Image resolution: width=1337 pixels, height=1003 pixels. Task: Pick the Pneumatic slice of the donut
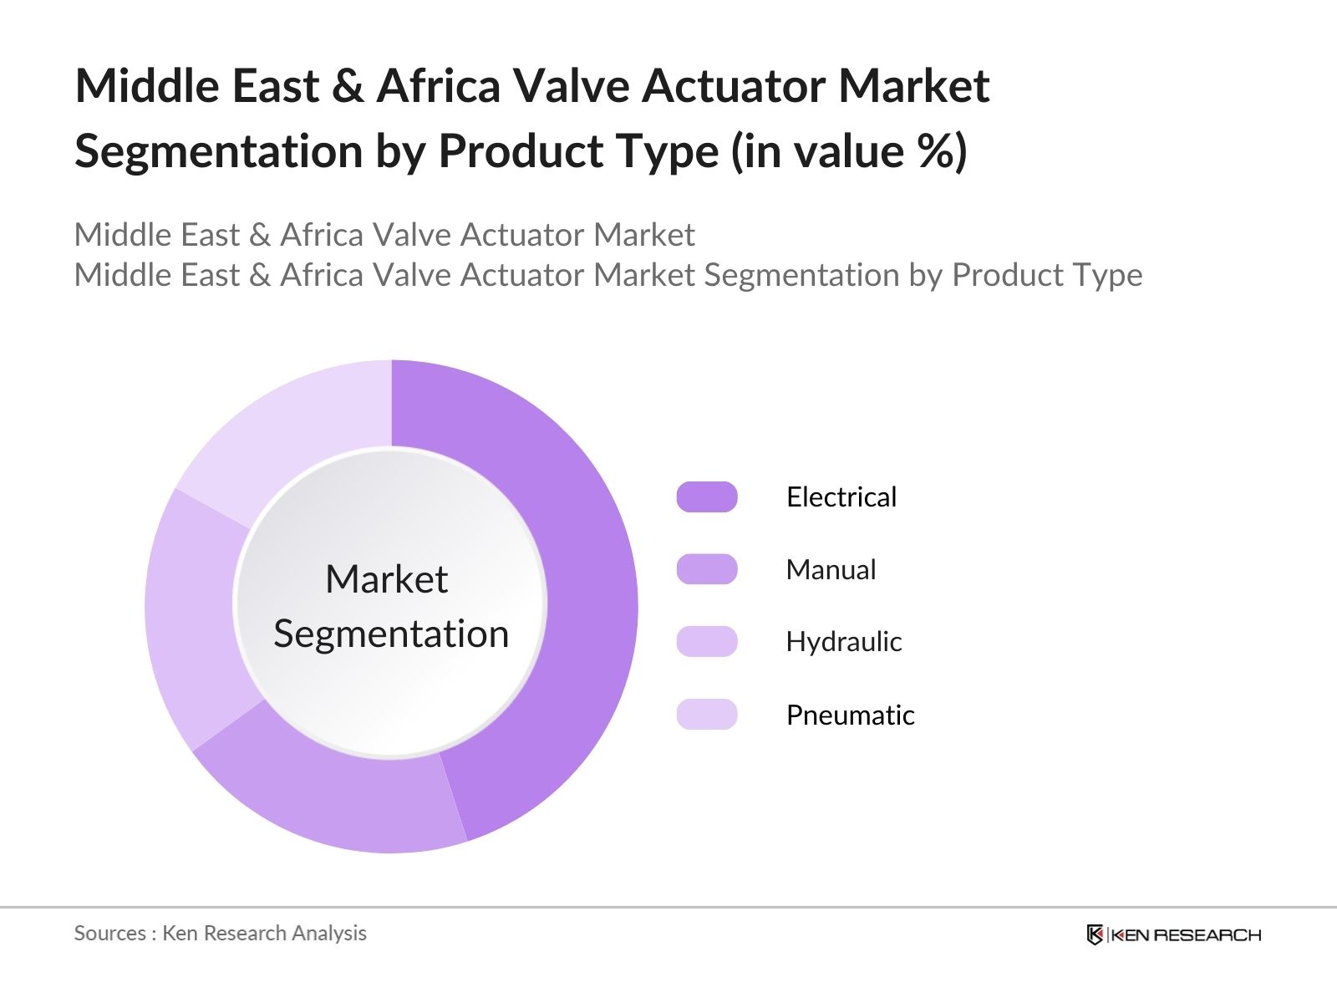(292, 420)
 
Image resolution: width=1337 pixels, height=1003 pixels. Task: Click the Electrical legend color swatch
(707, 497)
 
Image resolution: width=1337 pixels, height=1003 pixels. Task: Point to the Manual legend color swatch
(707, 569)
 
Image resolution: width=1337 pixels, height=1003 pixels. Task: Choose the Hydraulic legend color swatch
(707, 641)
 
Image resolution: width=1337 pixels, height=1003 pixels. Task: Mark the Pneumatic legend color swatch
(707, 715)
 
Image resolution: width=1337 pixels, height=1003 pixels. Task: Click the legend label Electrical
(841, 497)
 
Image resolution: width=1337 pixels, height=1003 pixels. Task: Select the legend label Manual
(831, 569)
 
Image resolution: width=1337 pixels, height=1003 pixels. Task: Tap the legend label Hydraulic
(844, 641)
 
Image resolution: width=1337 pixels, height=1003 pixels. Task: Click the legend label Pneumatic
(851, 715)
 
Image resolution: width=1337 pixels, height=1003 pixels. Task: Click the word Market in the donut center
(387, 578)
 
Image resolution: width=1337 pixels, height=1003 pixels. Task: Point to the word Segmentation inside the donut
(391, 634)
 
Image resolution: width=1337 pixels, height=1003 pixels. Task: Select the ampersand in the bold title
(348, 86)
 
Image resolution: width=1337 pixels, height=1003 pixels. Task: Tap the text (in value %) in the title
(848, 151)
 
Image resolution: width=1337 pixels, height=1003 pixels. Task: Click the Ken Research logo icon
(1095, 934)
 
